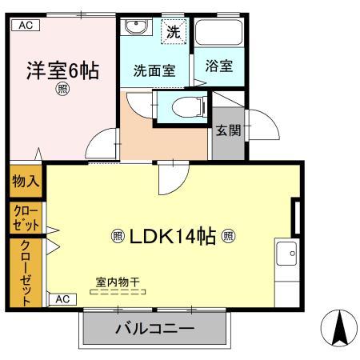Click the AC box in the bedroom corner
tap(26, 25)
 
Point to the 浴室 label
tap(218, 66)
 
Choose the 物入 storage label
tap(25, 182)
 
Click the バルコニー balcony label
tap(154, 329)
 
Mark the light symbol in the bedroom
tap(62, 90)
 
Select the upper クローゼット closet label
tap(25, 217)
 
